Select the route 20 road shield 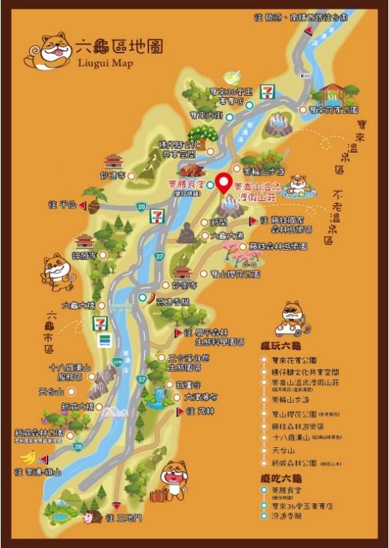140,207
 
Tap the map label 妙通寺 117,175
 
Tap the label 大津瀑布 199,397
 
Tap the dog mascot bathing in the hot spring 297,185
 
